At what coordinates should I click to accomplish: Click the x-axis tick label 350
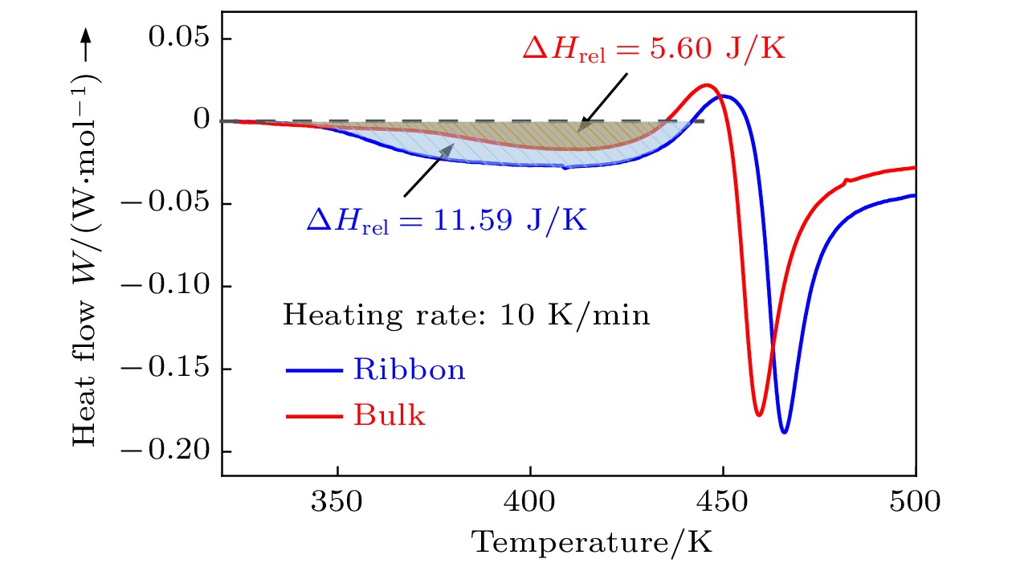click(x=337, y=504)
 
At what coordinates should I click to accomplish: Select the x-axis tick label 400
click(x=530, y=504)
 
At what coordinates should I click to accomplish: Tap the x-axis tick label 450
click(x=723, y=504)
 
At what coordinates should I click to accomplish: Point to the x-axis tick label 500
click(x=915, y=504)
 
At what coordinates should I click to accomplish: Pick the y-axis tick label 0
click(x=202, y=120)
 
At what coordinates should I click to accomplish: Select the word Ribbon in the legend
click(x=409, y=369)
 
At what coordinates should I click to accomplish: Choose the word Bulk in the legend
click(x=389, y=416)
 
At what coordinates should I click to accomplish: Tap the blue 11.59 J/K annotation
click(x=447, y=219)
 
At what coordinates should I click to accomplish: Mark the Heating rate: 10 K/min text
click(x=466, y=316)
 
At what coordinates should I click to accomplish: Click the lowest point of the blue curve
click(x=785, y=433)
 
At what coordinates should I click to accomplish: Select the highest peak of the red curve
click(x=707, y=85)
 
